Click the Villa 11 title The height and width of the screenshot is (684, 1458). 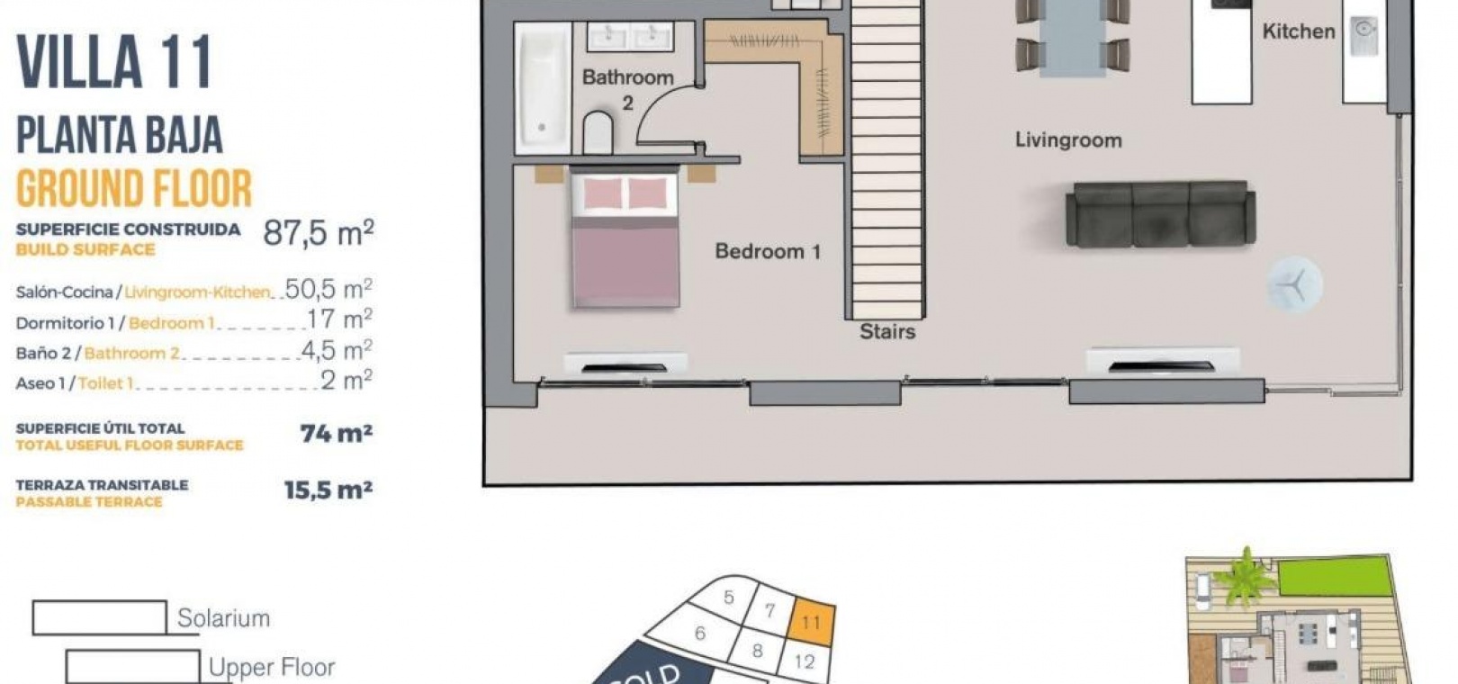pos(114,62)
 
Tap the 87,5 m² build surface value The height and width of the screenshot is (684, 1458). pos(319,232)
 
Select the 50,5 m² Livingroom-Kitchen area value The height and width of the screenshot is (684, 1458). pos(328,288)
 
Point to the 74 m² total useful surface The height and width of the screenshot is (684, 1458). pos(336,433)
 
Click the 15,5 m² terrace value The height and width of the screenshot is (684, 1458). pos(328,490)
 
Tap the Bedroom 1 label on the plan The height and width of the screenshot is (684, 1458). pos(768,251)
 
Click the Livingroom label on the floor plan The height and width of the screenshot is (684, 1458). pos(1068,139)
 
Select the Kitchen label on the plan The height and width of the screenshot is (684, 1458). pos(1299,31)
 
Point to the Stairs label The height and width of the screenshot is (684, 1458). pos(887,331)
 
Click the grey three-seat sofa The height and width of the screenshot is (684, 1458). pos(1160,214)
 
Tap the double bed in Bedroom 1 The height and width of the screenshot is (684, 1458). pos(625,238)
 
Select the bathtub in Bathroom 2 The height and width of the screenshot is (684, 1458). pos(543,88)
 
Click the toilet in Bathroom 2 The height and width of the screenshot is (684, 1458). pos(598,133)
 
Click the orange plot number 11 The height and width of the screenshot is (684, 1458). pos(811,622)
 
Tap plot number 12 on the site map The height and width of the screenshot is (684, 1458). pos(805,661)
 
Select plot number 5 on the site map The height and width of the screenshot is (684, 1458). pos(728,597)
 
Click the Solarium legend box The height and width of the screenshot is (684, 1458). pos(100,617)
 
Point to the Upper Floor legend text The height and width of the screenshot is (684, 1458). pos(272,668)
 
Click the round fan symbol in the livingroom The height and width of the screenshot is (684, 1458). pos(1294,285)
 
